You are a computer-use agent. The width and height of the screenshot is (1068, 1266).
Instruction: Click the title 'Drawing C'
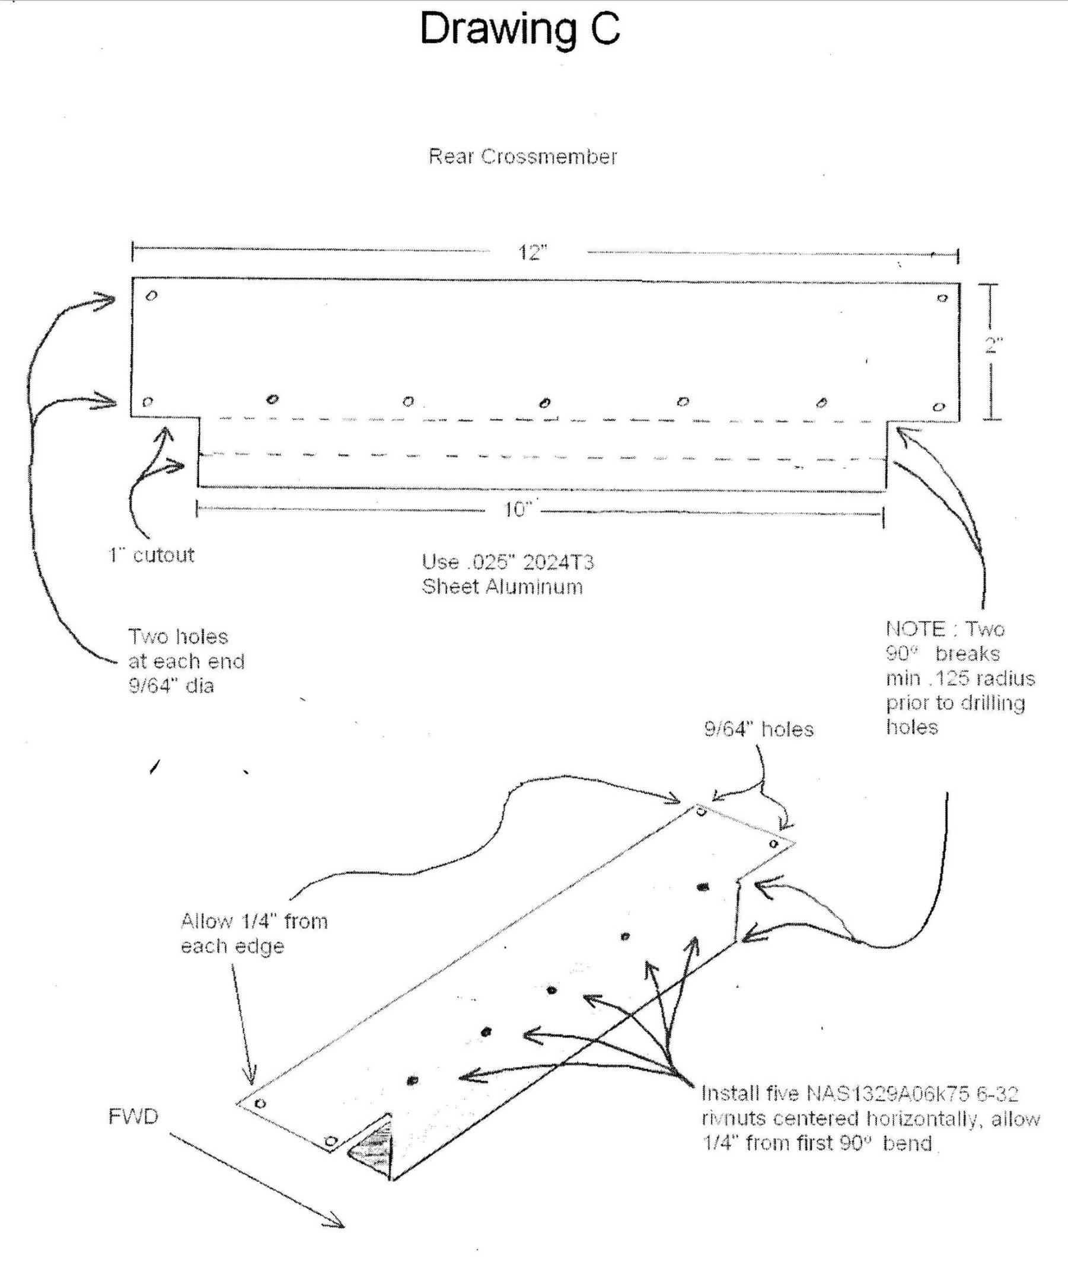520,30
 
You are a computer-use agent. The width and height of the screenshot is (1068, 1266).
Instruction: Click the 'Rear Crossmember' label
522,156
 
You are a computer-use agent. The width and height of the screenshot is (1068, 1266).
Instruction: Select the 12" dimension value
532,252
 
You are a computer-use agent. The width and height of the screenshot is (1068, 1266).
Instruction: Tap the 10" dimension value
518,510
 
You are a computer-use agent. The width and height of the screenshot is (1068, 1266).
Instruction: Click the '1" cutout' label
151,555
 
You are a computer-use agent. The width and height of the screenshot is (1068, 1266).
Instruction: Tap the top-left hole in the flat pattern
152,295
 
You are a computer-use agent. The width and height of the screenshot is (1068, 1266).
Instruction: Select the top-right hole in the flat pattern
942,298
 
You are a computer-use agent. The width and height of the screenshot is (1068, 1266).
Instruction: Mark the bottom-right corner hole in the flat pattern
939,407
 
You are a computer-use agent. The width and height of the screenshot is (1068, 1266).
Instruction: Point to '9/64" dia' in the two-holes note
171,686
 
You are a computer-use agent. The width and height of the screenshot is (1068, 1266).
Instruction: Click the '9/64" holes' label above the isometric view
758,729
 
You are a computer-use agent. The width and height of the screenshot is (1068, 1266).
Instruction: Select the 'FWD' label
133,1117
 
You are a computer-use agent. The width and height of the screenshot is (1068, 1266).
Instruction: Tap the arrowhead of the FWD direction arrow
339,1225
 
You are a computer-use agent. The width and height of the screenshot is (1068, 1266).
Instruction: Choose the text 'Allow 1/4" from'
254,922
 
